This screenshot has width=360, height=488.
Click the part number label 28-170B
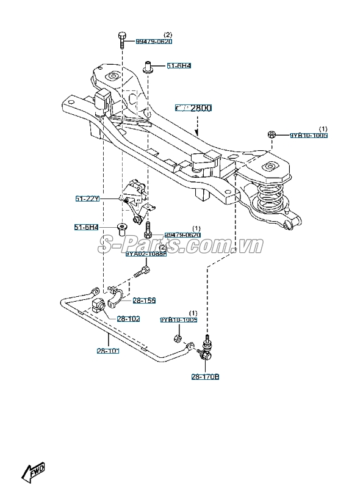click(204, 377)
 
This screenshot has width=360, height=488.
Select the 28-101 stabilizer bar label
click(108, 351)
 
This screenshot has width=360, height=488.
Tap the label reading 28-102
click(128, 318)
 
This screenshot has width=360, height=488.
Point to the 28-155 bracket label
click(145, 300)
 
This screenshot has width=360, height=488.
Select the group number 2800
click(194, 108)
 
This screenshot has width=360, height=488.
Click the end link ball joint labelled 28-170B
click(206, 352)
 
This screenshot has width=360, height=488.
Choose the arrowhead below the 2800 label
click(196, 132)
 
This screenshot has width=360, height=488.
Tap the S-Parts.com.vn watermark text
click(179, 246)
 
